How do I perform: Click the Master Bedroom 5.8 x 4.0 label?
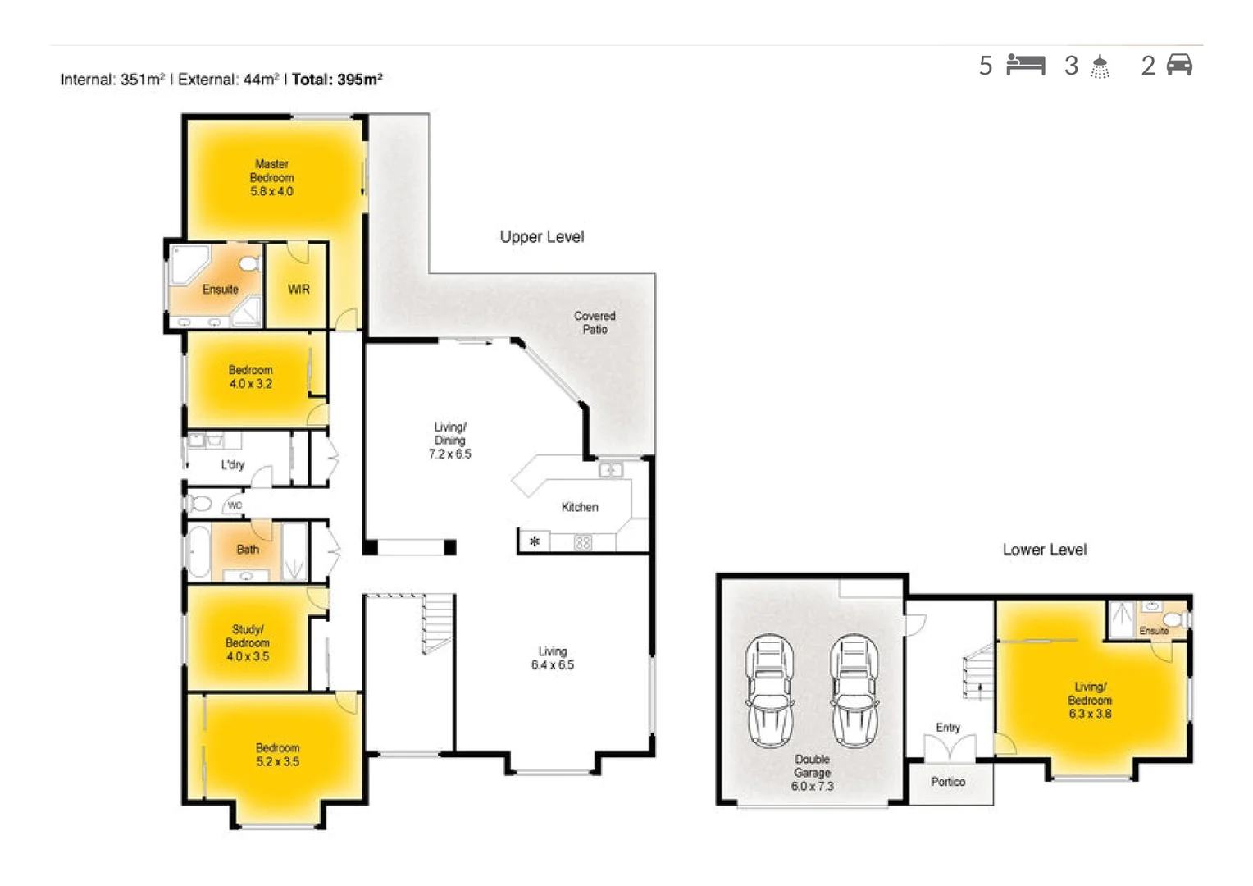(x=271, y=177)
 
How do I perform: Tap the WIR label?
(x=298, y=289)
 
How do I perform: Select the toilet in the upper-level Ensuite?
(x=249, y=263)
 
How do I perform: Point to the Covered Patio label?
(x=595, y=322)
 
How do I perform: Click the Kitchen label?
(x=580, y=507)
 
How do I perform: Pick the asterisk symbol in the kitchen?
(x=535, y=541)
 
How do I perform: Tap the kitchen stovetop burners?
(x=582, y=542)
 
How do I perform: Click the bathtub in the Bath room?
(x=198, y=551)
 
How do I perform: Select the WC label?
(x=235, y=505)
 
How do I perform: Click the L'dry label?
(x=232, y=464)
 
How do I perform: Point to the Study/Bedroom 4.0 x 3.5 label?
(x=248, y=642)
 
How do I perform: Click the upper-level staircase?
(x=437, y=623)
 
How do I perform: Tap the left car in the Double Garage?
(x=769, y=691)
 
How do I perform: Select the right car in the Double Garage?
(x=854, y=691)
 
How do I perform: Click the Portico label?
(x=948, y=782)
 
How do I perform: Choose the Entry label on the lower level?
(x=948, y=728)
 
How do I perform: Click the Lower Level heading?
(x=1044, y=550)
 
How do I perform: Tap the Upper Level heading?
(x=542, y=237)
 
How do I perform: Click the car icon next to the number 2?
(x=1179, y=65)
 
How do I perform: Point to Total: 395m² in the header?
(x=337, y=80)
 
